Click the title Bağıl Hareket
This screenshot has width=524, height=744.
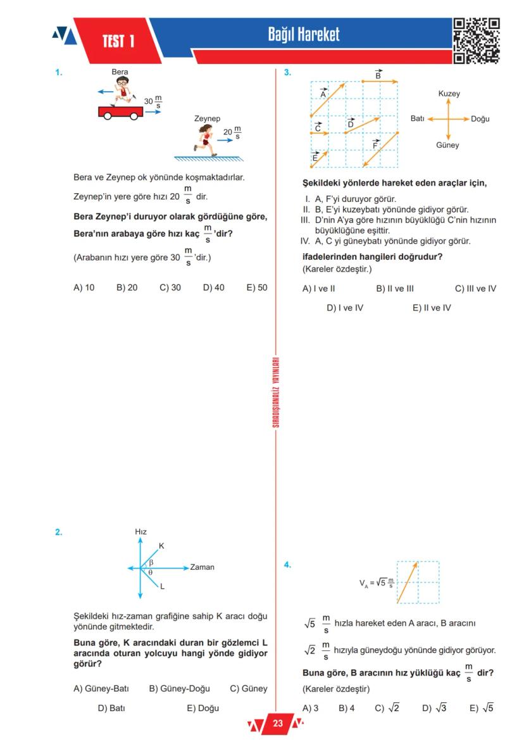pyautogui.click(x=304, y=35)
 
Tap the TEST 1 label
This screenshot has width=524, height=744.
pyautogui.click(x=118, y=42)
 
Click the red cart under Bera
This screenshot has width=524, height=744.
pyautogui.click(x=120, y=112)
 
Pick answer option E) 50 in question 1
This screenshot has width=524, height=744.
pyautogui.click(x=257, y=287)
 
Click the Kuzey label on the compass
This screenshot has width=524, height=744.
pyautogui.click(x=449, y=94)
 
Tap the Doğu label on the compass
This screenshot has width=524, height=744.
pyautogui.click(x=480, y=119)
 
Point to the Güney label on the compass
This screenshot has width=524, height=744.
pyautogui.click(x=447, y=146)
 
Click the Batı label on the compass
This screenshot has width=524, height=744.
pyautogui.click(x=417, y=119)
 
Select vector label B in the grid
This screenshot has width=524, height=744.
pyautogui.click(x=378, y=74)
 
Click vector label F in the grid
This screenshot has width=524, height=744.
pyautogui.click(x=375, y=144)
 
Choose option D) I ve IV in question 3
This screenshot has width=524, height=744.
pyautogui.click(x=345, y=308)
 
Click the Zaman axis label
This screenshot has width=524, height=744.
pyautogui.click(x=202, y=567)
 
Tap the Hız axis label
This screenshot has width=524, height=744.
pyautogui.click(x=140, y=532)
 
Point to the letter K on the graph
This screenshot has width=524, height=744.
pyautogui.click(x=161, y=546)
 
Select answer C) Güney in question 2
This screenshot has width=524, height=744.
pyautogui.click(x=249, y=689)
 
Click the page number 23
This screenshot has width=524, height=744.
pyautogui.click(x=277, y=723)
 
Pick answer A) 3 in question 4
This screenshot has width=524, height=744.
pyautogui.click(x=310, y=708)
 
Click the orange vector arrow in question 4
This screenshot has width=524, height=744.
pyautogui.click(x=409, y=582)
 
